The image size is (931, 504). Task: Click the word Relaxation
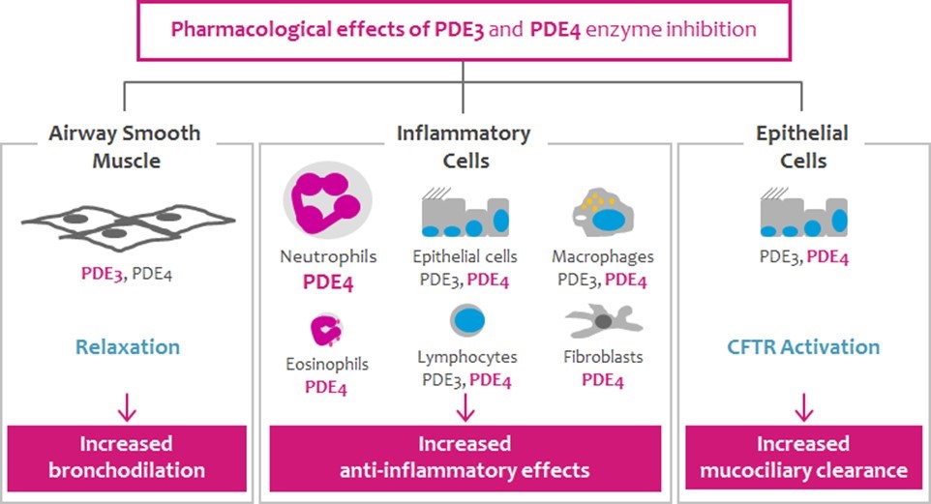130,346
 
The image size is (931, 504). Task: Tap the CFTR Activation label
803,346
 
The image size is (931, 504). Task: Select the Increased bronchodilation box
127,457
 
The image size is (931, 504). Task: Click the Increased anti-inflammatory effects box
465,457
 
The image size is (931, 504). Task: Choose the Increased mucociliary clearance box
803,457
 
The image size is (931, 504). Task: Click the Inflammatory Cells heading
464,146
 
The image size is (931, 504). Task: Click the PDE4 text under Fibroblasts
602,380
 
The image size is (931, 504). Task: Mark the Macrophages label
602,256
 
